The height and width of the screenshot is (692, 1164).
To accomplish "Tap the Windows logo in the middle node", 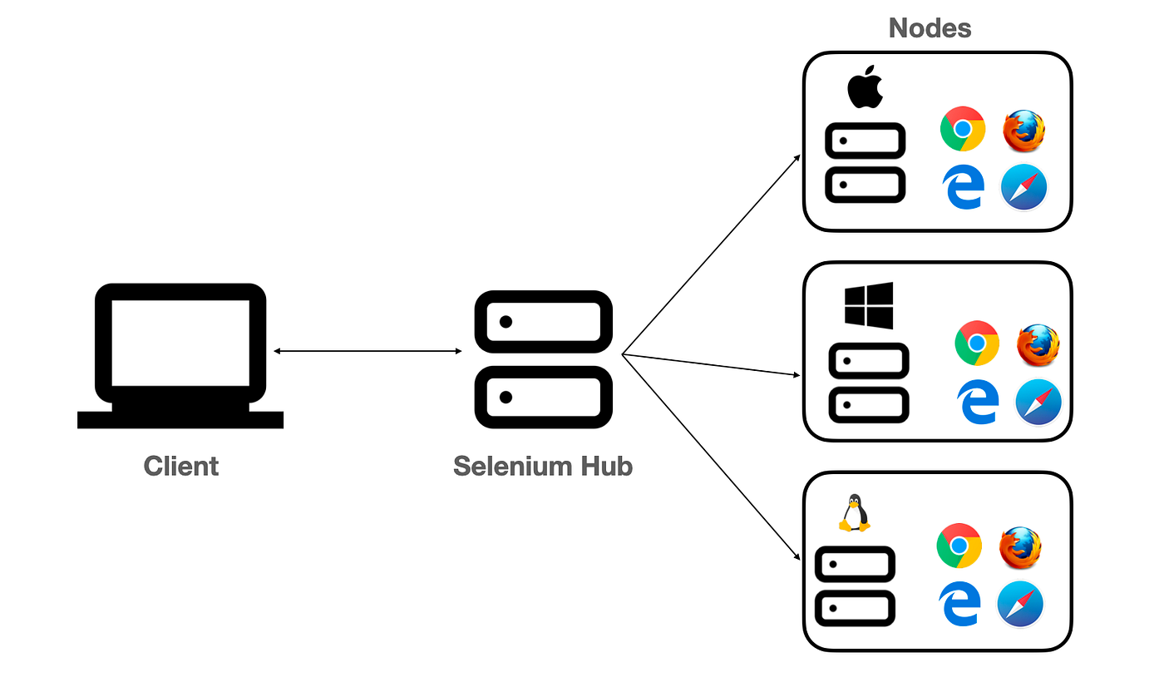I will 868,305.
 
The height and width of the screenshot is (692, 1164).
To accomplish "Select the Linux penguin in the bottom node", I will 853,513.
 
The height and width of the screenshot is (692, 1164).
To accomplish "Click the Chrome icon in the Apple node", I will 963,129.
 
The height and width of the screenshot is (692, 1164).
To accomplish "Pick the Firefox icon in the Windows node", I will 1038,344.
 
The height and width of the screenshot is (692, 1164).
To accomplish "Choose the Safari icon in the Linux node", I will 1020,604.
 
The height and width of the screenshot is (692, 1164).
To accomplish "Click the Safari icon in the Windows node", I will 1038,402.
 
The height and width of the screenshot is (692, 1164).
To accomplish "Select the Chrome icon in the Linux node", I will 959,546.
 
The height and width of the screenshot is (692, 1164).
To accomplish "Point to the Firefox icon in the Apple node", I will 1023,131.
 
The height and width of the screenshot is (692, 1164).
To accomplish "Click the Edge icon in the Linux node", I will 959,604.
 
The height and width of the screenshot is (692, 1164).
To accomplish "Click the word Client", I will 181,466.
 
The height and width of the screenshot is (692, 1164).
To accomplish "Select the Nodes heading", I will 930,28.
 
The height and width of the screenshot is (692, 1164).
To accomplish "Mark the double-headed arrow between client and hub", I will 367,352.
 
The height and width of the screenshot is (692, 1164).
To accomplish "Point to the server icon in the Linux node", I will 855,586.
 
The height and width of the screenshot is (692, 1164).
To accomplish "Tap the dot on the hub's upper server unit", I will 505,321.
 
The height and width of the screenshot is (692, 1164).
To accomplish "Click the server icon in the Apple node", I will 865,163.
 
